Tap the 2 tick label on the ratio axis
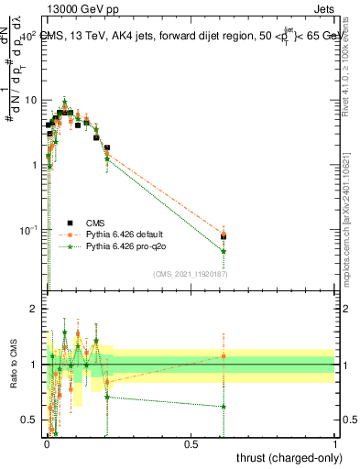(x=34, y=309)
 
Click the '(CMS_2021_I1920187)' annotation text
(x=191, y=274)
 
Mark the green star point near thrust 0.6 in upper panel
(x=224, y=251)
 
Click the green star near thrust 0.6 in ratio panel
(x=224, y=406)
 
